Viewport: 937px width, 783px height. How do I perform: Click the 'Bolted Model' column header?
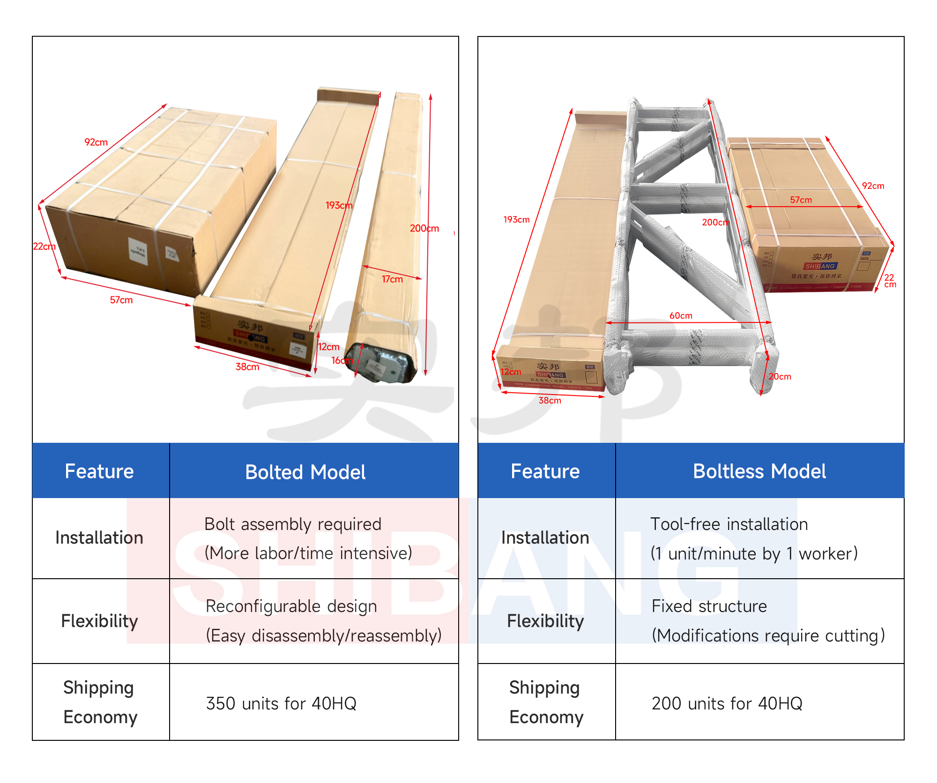305,472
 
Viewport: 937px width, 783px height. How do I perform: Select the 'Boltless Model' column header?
759,471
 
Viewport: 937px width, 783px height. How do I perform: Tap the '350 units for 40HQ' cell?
281,703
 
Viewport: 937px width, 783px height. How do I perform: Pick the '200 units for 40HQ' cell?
727,703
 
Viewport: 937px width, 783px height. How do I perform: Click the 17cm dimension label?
392,279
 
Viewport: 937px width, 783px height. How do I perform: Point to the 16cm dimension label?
342,360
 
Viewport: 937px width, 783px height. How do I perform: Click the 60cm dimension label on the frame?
681,316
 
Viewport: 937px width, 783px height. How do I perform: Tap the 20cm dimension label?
780,377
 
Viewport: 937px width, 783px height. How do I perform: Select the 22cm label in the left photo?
44,246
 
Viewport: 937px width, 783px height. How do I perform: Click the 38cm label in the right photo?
550,401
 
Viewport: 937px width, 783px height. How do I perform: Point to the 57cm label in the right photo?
801,200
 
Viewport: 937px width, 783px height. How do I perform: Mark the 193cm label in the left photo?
339,205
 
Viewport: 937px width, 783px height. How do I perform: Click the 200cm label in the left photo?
424,228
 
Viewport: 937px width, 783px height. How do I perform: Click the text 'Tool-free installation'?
729,524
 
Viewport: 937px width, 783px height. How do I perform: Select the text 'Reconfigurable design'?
291,606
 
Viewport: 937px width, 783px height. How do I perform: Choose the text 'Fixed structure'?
709,606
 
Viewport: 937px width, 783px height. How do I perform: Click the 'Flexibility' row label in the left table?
99,621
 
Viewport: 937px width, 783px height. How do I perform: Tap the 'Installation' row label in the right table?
545,537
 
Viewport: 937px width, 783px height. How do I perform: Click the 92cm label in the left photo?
96,142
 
